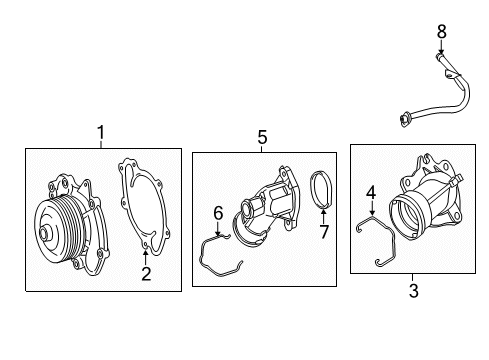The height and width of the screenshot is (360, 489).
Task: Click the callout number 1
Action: click(101, 133)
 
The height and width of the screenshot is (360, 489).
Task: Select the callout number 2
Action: click(146, 274)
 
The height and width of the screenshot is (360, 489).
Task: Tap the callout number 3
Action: click(414, 291)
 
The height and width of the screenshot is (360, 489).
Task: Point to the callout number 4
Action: click(371, 193)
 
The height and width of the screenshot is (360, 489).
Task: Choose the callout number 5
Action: click(262, 137)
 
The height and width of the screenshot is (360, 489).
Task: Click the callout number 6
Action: click(218, 213)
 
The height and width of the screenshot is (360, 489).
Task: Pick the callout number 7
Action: click(324, 232)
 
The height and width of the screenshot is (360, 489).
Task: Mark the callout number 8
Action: click(441, 32)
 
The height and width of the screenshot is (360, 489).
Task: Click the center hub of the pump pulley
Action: click(44, 232)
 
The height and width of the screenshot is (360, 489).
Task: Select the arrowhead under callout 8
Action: click(441, 51)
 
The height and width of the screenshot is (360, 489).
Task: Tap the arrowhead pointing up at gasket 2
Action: click(145, 252)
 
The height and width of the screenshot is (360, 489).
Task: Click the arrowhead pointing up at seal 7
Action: click(323, 212)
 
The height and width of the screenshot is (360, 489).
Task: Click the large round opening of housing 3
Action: click(405, 217)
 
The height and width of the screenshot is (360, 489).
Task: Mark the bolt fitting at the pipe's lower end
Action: click(405, 120)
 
